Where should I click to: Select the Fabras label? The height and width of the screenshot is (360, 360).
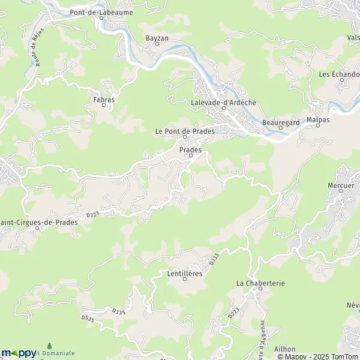click(104, 98)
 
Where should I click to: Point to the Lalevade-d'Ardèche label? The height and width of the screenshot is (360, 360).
click(223, 102)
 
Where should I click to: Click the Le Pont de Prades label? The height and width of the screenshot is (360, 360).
click(184, 131)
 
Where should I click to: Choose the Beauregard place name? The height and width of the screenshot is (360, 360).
click(281, 122)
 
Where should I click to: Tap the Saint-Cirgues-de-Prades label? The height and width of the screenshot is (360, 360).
click(39, 221)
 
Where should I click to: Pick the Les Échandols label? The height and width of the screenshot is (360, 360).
click(340, 74)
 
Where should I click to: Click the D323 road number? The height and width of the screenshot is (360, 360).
click(92, 213)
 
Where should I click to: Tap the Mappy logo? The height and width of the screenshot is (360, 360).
click(19, 353)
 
